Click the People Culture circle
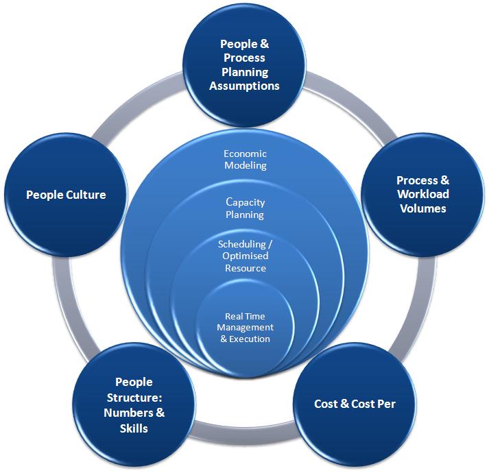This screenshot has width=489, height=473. coord(67,195)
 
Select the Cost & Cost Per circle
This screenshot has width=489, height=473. coord(355,403)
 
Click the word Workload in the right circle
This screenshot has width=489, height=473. coord(423,195)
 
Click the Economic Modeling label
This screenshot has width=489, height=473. coord(246,160)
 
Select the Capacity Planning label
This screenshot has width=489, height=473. coord(246,208)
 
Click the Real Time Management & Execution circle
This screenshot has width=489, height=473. coord(246,328)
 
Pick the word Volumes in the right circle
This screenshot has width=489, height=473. coord(423,208)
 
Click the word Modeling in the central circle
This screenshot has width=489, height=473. coord(246,166)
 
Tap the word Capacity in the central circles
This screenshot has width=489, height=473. coord(246,202)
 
